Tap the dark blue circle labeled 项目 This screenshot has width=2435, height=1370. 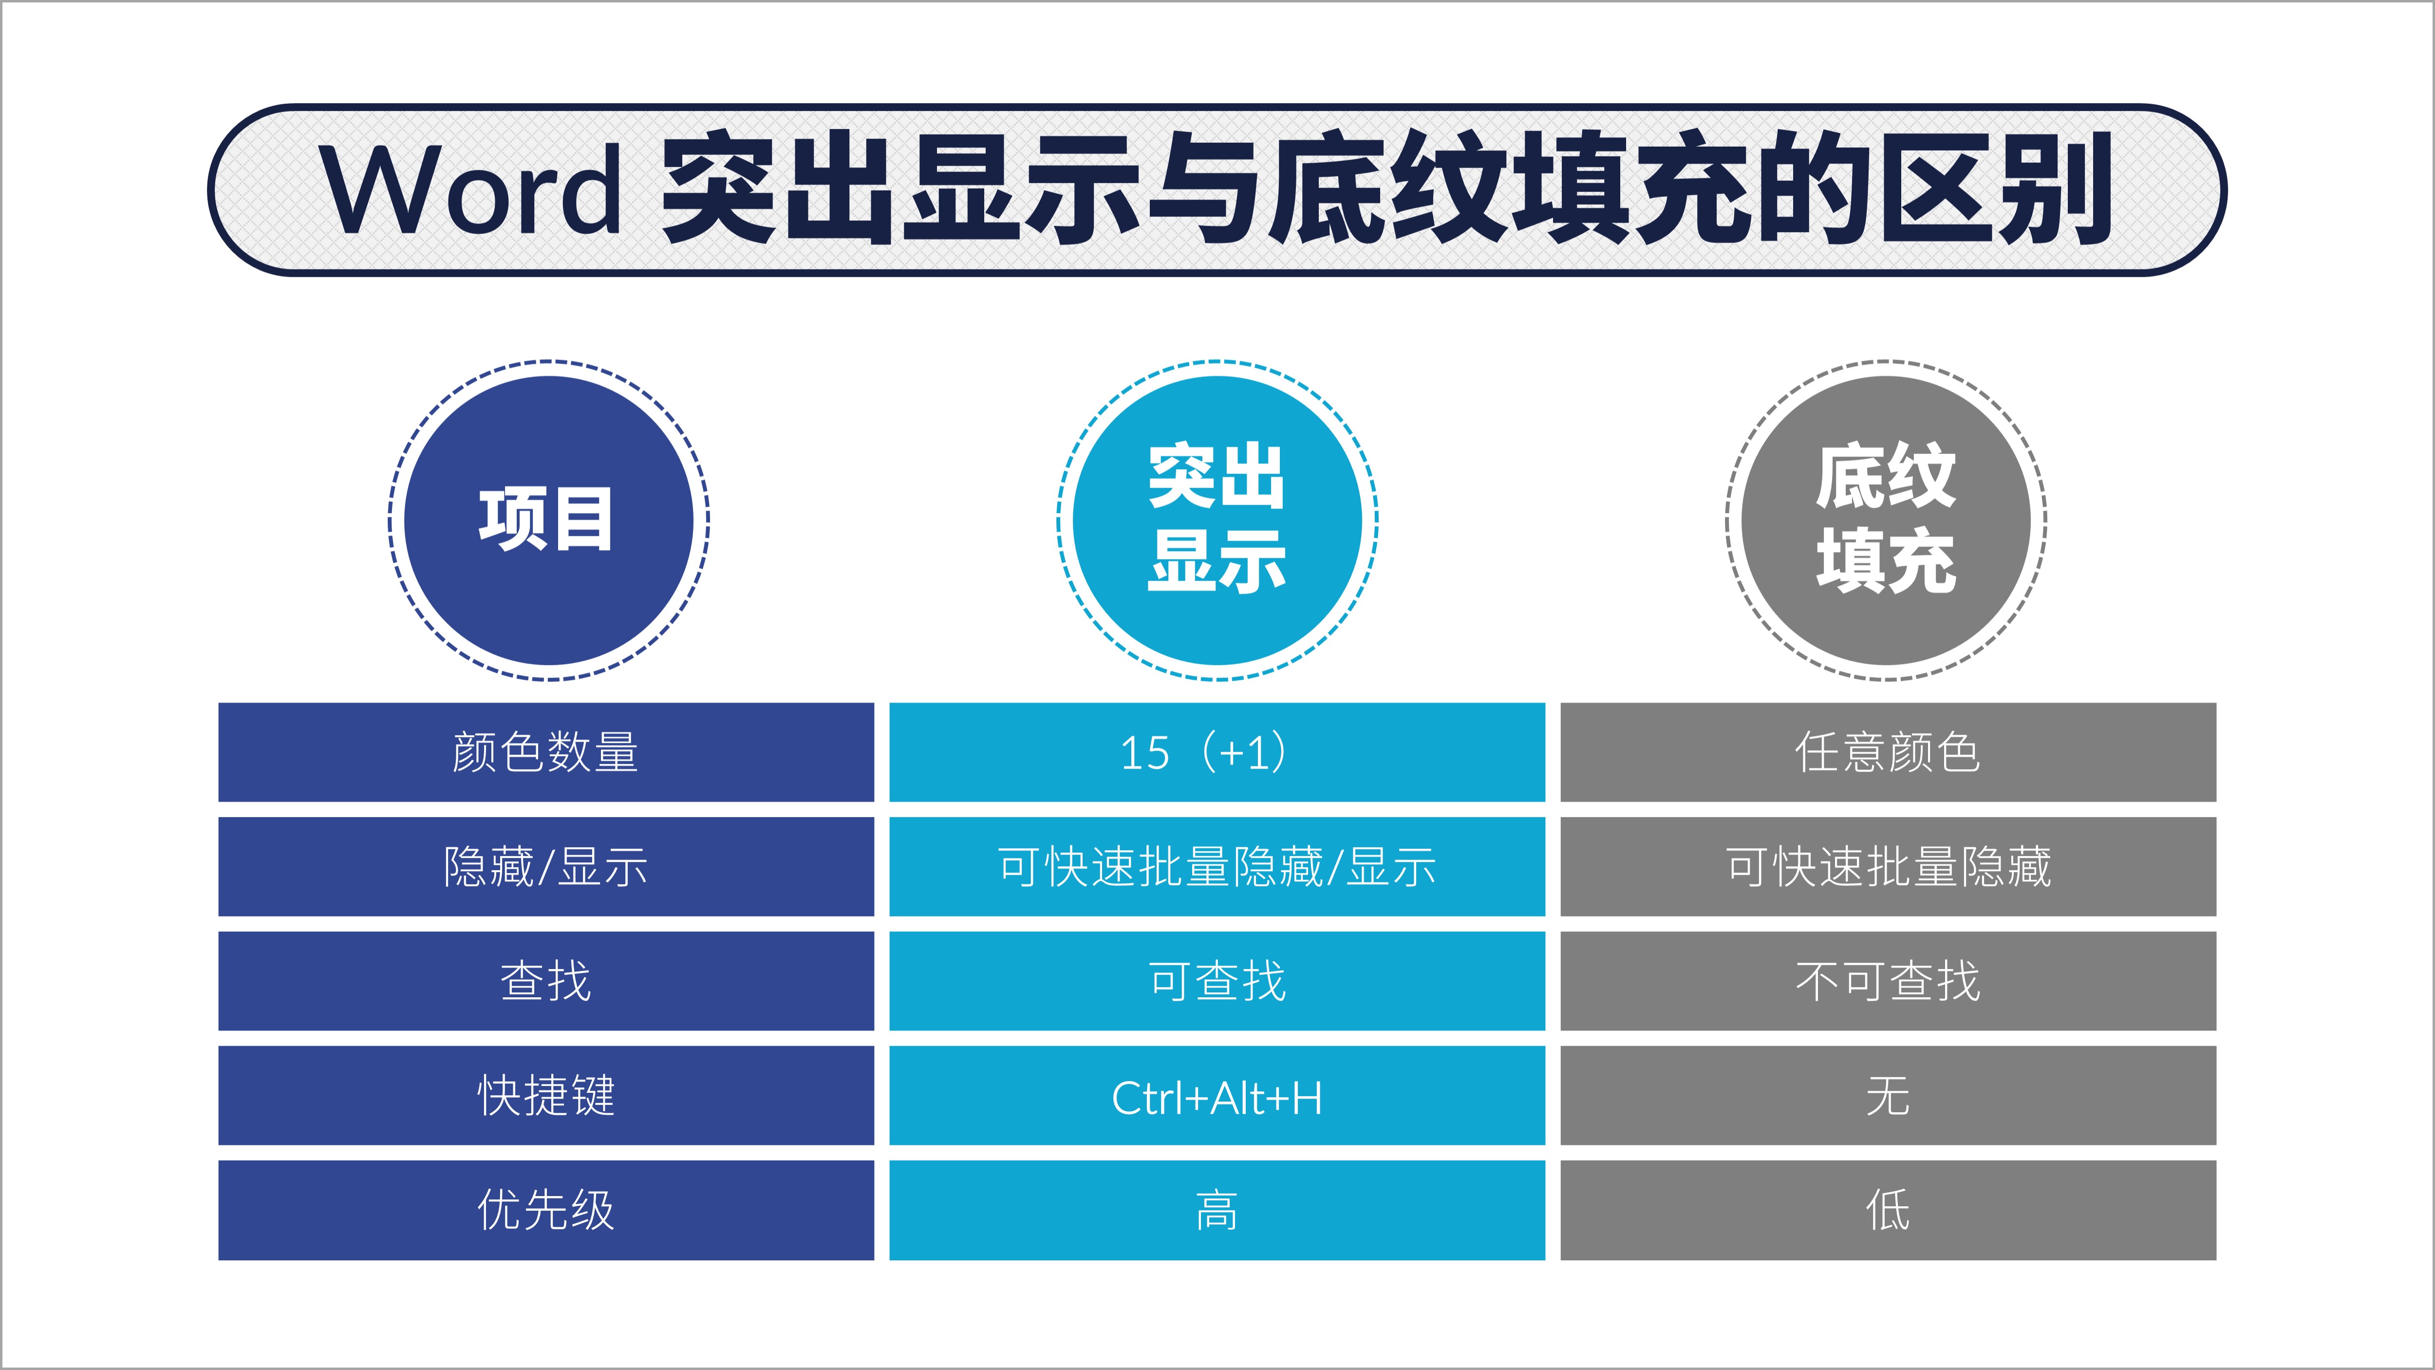[548, 520]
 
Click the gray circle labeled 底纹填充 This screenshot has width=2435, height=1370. [1886, 520]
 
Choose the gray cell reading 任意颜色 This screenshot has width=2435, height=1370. [1888, 753]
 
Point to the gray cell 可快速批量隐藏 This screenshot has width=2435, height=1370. [1888, 867]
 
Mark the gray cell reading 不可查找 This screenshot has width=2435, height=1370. [1888, 981]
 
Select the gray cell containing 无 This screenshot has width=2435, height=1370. [1888, 1096]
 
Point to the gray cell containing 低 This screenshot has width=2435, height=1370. [1888, 1210]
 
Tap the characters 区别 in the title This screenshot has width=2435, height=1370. [1996, 189]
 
